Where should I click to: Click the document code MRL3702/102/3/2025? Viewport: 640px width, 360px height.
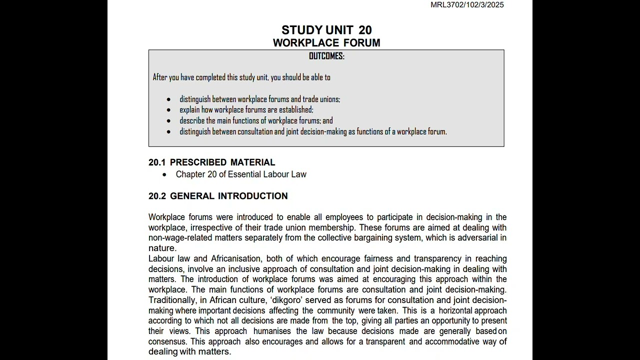[x=467, y=5]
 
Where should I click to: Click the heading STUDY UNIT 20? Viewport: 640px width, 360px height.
[x=326, y=30]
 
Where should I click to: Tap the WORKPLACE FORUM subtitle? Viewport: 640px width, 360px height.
[x=326, y=43]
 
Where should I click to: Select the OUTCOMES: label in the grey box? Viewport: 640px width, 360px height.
[x=326, y=56]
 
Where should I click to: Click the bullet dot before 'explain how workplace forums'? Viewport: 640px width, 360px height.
[x=168, y=110]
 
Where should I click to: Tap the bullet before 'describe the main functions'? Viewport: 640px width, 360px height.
[x=168, y=121]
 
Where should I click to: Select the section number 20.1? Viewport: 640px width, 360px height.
[x=156, y=162]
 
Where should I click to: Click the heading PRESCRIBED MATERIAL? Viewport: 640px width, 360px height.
[x=222, y=162]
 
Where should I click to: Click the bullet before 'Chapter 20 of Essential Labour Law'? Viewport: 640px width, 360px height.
[x=164, y=174]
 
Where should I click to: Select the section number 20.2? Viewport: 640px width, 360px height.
[x=157, y=196]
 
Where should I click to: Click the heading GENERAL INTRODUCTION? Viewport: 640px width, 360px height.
[x=228, y=196]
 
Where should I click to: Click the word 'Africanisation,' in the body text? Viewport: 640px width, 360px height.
[x=236, y=259]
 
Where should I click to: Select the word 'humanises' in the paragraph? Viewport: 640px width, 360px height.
[x=272, y=331]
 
